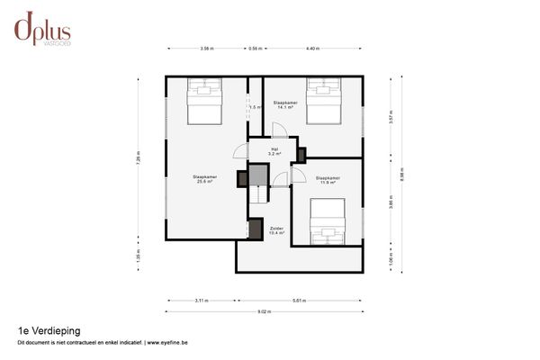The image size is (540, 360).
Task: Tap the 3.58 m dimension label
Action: tap(206, 48)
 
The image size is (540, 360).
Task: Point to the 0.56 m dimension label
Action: tap(256, 48)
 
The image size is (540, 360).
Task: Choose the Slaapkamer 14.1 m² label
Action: tap(285, 104)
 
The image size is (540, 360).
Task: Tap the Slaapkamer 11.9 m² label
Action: tap(328, 180)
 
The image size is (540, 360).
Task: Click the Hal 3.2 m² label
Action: tap(274, 152)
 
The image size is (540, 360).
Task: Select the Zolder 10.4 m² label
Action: tap(276, 230)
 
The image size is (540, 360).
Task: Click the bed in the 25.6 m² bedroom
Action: tap(205, 102)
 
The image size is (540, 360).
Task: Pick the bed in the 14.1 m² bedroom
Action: tap(324, 101)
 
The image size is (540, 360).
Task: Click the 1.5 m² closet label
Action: tap(255, 107)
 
